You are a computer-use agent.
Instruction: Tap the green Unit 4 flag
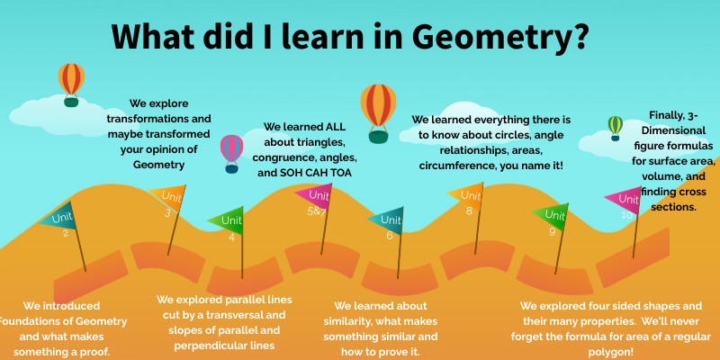(227, 220)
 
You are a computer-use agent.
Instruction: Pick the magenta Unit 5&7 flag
(311, 198)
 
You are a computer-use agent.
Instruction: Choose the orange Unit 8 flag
(466, 195)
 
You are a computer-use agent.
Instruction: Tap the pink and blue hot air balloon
(232, 151)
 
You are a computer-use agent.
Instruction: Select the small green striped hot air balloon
(616, 127)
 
